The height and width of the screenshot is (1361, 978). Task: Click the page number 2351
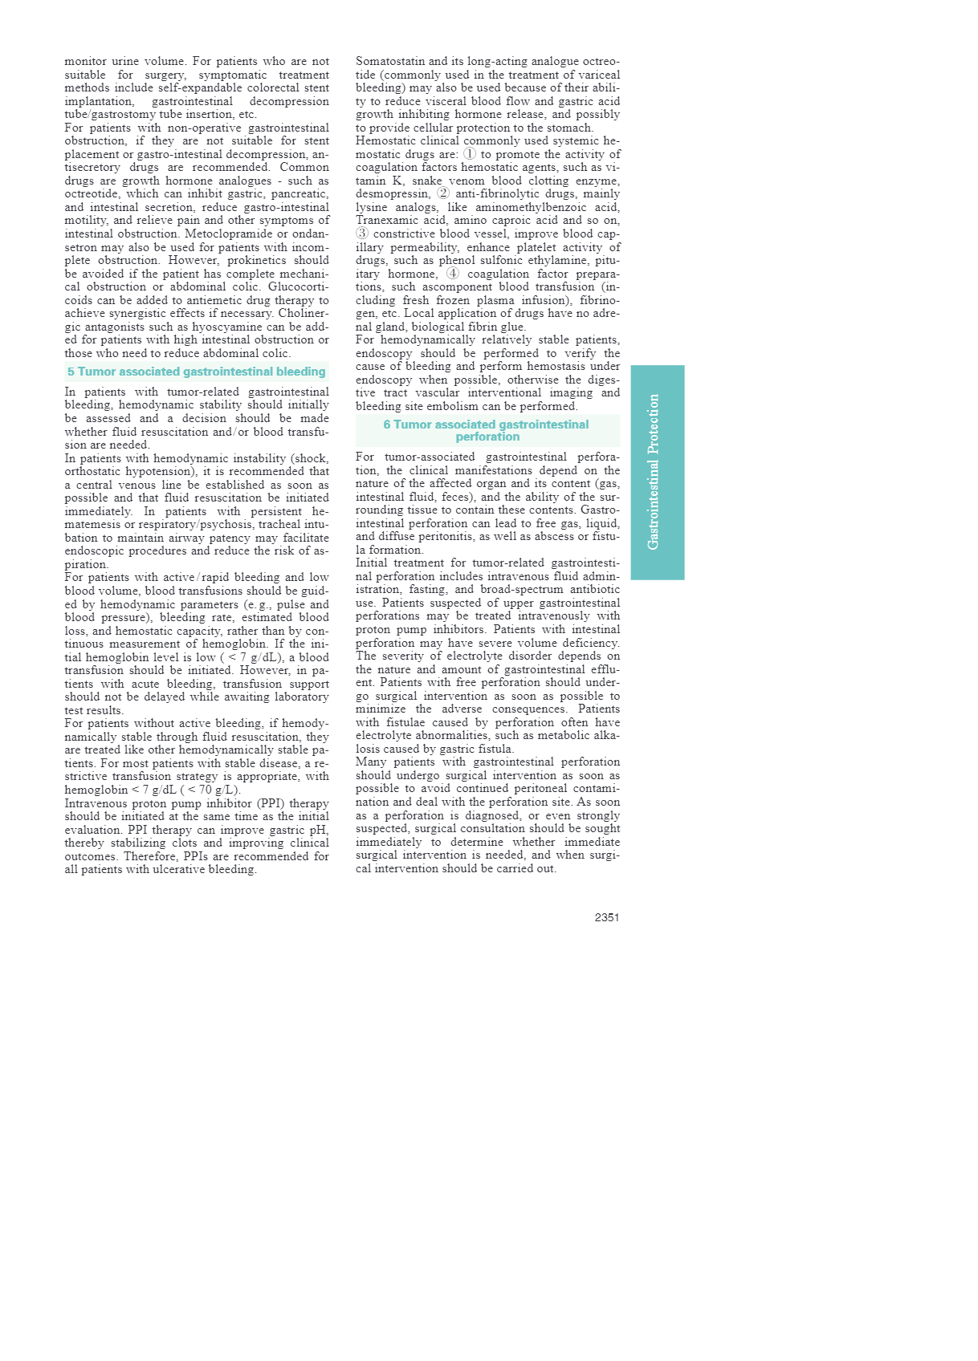pos(606,917)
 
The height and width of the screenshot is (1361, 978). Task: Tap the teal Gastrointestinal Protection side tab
pos(657,472)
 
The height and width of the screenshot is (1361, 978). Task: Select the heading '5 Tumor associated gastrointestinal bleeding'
pos(197,372)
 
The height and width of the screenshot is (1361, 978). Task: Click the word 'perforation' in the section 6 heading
pos(487,437)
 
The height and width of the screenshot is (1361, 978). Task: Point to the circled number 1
pos(470,153)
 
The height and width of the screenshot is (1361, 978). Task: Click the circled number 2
pos(443,193)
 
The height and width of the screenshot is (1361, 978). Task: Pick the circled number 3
pos(362,234)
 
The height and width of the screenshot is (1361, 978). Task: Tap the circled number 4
pos(453,273)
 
